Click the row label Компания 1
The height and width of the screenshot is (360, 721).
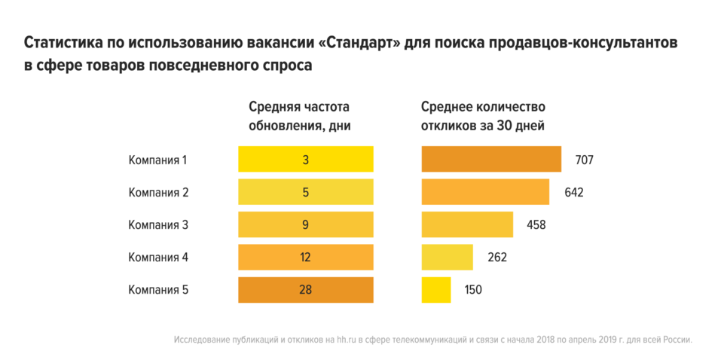157,160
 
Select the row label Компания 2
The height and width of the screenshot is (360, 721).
158,192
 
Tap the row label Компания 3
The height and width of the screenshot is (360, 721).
158,224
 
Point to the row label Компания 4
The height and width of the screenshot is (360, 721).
158,257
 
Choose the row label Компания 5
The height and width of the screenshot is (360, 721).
158,289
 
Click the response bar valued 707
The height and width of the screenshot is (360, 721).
491,160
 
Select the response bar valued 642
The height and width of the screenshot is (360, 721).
485,192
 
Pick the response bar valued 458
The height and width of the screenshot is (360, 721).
467,224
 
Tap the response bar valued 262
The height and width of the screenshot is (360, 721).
447,257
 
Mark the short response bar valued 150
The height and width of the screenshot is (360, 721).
436,289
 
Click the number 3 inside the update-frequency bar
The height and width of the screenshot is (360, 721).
306,160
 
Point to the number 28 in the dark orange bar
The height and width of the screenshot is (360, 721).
306,289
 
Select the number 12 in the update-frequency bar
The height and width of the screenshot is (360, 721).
306,257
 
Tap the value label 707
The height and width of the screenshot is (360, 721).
585,160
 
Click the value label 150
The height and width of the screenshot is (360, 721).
472,289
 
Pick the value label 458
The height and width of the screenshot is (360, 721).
536,224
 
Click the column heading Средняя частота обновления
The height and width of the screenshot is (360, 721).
300,116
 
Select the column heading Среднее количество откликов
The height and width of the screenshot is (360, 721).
483,116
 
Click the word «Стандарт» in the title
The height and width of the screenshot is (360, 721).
360,43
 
